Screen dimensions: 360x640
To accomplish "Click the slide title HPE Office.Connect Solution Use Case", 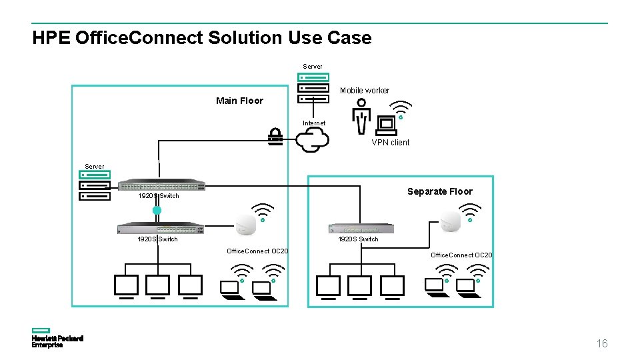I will (201, 38).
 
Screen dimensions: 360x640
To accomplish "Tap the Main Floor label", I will (239, 101).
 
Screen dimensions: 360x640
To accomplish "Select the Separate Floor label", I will (439, 191).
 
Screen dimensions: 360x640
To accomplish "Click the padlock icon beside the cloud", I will (275, 137).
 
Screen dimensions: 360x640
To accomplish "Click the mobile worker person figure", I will (361, 115).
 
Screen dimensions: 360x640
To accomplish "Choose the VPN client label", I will (390, 142).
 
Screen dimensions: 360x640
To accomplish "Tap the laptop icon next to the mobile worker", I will (387, 125).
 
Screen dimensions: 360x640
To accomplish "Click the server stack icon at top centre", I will (313, 87).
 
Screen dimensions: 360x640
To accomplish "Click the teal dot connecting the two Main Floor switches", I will (157, 211).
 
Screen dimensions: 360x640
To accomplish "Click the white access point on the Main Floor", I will (246, 225).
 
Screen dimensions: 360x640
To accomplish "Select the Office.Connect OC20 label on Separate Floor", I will (461, 255).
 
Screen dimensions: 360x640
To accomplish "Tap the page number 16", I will (601, 343).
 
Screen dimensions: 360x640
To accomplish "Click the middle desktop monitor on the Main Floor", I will (158, 287).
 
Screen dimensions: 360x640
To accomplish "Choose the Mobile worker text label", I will (365, 91).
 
